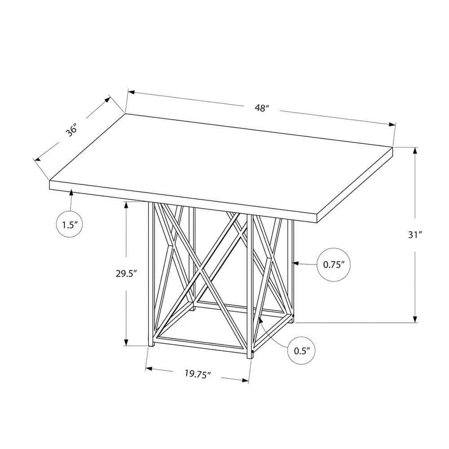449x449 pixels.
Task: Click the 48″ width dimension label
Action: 262,108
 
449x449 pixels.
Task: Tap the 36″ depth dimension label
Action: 71,130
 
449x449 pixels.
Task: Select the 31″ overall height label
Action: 415,235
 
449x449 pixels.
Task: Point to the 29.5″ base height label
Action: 126,273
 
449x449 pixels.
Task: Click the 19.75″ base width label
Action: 198,374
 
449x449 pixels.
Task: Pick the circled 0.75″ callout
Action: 334,264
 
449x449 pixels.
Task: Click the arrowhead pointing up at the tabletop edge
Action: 71,193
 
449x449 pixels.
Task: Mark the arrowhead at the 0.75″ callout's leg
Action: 295,263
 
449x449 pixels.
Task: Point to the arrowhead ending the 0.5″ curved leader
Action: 260,320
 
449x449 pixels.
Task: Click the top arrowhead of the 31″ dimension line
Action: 415,150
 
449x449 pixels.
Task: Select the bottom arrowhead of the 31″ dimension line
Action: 415,319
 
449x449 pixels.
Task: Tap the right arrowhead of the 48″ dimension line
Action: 392,124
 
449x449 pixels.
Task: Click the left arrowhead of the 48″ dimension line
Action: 131,92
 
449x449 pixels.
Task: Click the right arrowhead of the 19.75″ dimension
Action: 245,380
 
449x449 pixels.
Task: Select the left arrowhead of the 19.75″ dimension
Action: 149,369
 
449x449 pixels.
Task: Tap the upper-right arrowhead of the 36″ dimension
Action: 107,100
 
